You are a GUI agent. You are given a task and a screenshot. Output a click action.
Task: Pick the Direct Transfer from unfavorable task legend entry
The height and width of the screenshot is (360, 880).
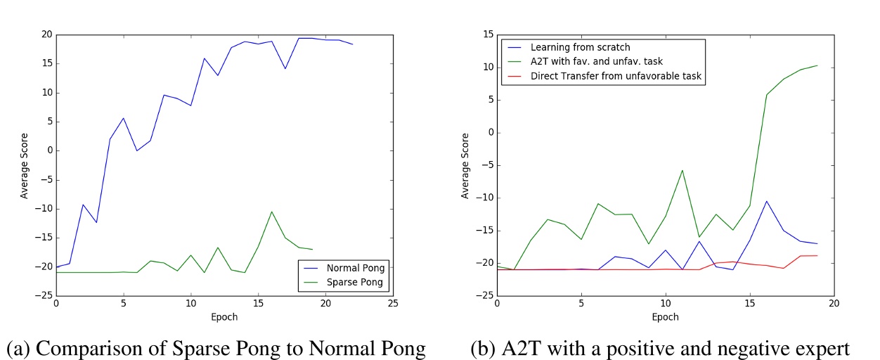[x=612, y=75]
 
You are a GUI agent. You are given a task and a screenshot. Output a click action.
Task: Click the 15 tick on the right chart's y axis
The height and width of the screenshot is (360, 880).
[x=484, y=34]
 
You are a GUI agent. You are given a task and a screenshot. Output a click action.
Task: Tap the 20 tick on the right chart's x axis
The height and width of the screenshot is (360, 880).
[x=834, y=304]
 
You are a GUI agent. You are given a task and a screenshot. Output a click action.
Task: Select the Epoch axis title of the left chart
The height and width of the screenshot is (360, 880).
[x=224, y=317]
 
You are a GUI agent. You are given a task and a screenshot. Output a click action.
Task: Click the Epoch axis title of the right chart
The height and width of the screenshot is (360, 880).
[x=665, y=317]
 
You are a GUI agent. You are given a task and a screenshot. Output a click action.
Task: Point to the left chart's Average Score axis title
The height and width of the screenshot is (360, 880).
[x=25, y=165]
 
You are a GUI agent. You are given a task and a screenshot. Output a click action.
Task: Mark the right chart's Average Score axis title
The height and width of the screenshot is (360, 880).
[x=465, y=165]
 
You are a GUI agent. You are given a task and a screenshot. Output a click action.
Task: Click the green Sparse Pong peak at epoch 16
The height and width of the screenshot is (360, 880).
[x=271, y=212]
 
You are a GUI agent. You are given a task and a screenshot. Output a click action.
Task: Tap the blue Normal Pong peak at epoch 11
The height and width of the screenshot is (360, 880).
[x=205, y=58]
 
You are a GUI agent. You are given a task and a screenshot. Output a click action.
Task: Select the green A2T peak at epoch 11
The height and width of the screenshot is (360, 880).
[x=682, y=170]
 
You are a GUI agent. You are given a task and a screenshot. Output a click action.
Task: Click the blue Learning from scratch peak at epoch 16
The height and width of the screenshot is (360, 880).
[x=766, y=201]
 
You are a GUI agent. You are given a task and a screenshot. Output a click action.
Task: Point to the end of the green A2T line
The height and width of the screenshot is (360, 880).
[x=817, y=65]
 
